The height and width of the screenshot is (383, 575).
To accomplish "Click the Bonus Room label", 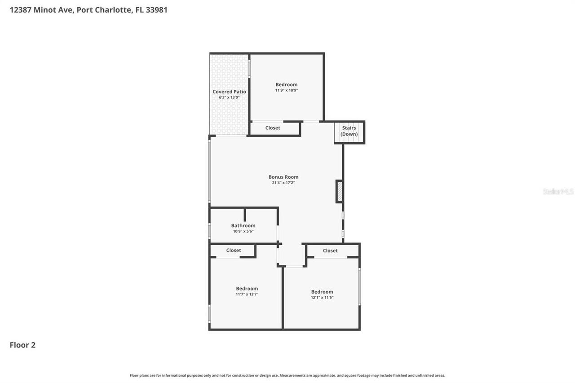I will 283,177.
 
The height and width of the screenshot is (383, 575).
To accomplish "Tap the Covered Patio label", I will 229,92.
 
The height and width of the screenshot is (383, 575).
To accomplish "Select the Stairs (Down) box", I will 349,131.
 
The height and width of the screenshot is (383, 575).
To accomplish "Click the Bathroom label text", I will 243,225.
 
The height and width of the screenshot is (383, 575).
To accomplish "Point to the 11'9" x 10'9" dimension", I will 286,90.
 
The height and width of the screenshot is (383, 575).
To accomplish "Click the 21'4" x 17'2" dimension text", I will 283,183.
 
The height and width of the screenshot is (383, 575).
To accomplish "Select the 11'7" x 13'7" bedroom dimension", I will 247,295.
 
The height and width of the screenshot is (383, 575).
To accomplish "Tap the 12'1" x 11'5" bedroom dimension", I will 322,297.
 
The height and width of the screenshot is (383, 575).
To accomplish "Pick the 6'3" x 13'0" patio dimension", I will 229,97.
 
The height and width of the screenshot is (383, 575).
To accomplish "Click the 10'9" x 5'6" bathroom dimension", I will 243,231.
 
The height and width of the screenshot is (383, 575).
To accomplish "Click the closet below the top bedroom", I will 273,128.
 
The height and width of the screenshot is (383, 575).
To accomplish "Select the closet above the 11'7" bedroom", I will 234,251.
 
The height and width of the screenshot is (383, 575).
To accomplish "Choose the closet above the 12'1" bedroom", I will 330,251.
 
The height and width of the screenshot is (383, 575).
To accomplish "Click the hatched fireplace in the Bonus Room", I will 340,191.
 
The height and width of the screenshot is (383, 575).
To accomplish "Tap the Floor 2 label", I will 22,345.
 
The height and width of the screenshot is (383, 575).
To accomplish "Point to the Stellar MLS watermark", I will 558,191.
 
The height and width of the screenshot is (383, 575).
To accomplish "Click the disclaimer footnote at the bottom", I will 287,375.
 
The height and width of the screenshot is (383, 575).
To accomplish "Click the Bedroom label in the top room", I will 286,84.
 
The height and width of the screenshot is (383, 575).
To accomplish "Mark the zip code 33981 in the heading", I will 155,9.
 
